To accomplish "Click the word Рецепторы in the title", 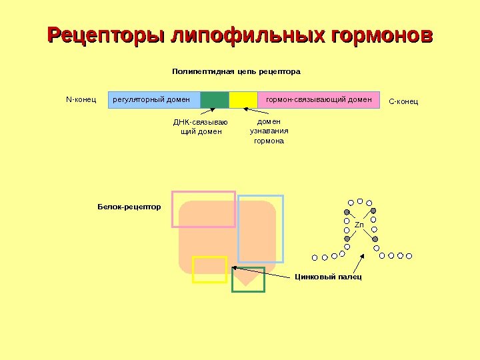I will [107, 34].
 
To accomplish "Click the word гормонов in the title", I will [378, 34].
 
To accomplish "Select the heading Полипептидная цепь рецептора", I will [237, 71].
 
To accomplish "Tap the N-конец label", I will [81, 100].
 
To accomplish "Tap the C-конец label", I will [403, 101].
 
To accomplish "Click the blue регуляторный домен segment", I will [153, 100].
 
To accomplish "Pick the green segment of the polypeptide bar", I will [215, 100].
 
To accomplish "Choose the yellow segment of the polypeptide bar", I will [243, 100].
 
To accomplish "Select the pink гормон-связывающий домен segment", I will [319, 100].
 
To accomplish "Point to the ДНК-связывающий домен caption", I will [201, 127].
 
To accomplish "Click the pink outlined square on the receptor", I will [203, 209].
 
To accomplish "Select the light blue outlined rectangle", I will [261, 229].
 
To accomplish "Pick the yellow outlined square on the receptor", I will [209, 269].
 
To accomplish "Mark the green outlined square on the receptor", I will [248, 280].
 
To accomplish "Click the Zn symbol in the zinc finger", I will [359, 225].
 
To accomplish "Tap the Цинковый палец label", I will [328, 276].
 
